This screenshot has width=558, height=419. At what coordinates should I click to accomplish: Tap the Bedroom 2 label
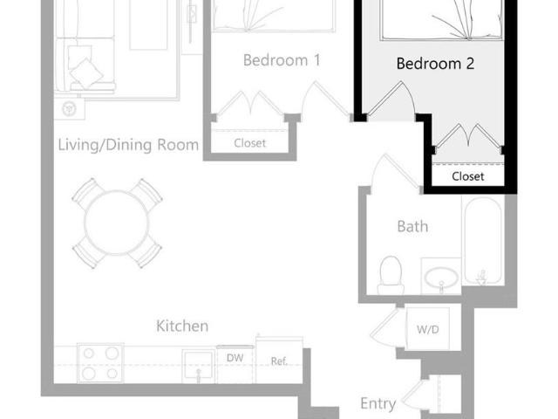point(434,64)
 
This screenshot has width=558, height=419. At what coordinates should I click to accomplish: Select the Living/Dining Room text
point(128,144)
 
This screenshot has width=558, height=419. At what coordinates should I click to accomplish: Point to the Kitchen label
point(182,326)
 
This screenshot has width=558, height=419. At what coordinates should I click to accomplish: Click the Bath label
point(412,226)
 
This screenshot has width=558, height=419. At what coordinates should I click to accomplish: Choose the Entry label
point(378,403)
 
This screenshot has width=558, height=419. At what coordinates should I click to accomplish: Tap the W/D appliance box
point(427,330)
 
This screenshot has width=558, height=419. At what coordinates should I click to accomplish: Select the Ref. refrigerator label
point(279,361)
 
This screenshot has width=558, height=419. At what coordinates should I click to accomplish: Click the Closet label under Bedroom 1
point(250,143)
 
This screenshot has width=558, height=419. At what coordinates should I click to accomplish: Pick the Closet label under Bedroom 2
point(468,176)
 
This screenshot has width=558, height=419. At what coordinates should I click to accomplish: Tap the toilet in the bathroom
point(391,275)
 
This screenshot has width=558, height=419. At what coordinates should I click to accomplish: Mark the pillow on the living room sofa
point(85,70)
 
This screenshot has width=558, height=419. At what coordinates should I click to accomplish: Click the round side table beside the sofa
point(70,109)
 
